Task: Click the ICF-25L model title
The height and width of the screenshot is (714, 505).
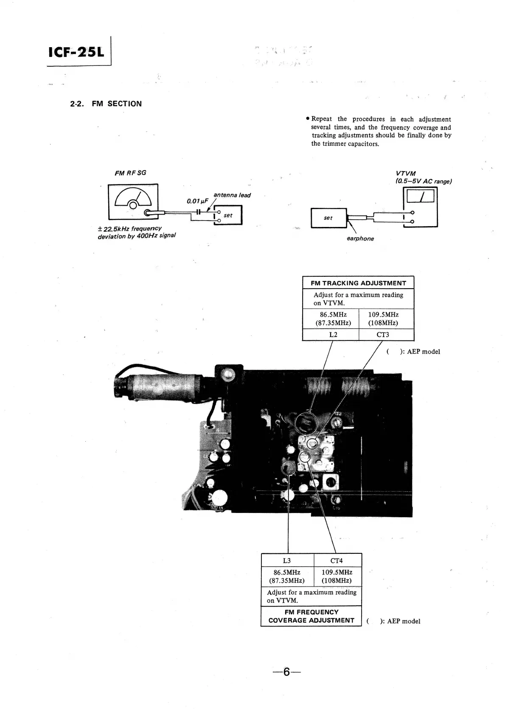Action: (x=76, y=52)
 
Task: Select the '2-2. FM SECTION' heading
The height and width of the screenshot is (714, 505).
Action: (x=106, y=104)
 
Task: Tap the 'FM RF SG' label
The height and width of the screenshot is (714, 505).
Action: (x=130, y=173)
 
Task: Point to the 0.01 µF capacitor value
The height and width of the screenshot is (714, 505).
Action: (x=196, y=201)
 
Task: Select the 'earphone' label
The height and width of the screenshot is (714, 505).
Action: (x=360, y=238)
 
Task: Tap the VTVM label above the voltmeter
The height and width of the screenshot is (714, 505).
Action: (x=406, y=173)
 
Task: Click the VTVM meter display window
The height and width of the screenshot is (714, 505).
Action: (x=420, y=196)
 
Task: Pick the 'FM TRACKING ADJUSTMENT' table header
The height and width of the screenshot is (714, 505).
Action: (x=358, y=283)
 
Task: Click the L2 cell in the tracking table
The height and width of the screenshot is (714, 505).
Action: (x=333, y=334)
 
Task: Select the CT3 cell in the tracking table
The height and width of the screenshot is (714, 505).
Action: (x=383, y=334)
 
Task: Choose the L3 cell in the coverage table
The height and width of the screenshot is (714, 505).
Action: (x=287, y=561)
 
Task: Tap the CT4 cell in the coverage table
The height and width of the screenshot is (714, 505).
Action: (x=337, y=561)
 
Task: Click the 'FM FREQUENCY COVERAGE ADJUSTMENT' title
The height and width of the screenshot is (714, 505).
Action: (x=311, y=616)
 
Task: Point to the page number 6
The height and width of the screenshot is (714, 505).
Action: (x=286, y=672)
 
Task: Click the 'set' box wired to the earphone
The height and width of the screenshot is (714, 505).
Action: (x=328, y=218)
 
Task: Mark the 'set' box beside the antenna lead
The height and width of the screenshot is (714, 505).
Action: (x=228, y=215)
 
